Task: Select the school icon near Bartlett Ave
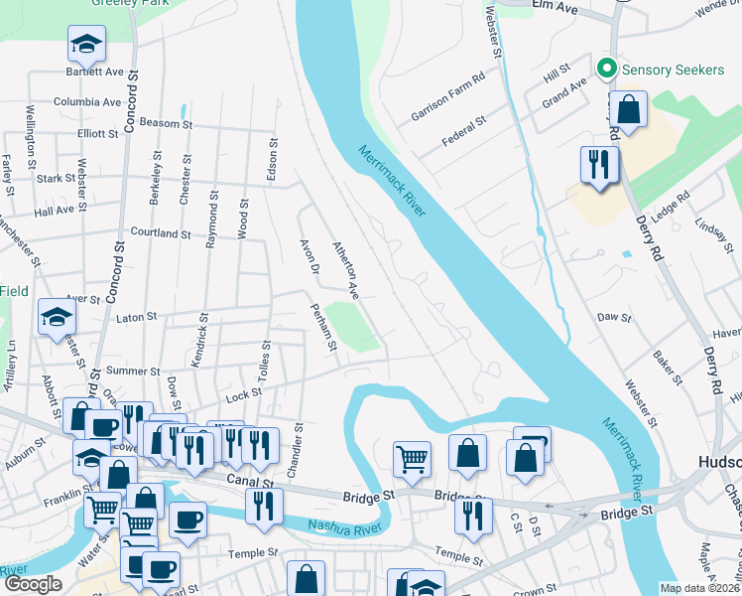[x=86, y=44]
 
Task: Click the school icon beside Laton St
[x=57, y=318]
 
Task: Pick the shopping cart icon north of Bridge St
[x=412, y=459]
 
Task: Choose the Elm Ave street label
[x=555, y=6]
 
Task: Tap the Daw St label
[x=614, y=317]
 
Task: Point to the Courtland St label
[x=160, y=233]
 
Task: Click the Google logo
[x=33, y=584]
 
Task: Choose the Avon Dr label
[x=308, y=256]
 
